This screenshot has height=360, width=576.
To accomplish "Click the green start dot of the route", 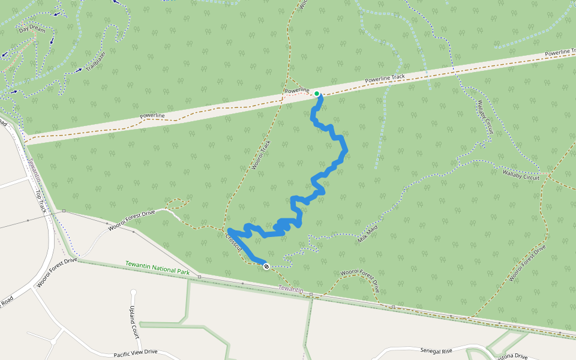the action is click(317, 94).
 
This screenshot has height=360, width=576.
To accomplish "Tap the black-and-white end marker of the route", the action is click(266, 266).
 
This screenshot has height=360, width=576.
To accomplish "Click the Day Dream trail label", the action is click(32, 29).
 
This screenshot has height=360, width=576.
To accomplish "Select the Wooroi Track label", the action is click(259, 155).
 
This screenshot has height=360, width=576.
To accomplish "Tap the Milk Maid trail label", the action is click(368, 231).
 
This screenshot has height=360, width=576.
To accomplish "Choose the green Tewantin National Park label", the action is click(157, 268).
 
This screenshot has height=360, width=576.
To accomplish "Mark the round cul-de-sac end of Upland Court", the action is click(133, 293).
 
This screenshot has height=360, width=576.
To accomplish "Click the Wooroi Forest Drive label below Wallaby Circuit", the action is click(528, 263).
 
